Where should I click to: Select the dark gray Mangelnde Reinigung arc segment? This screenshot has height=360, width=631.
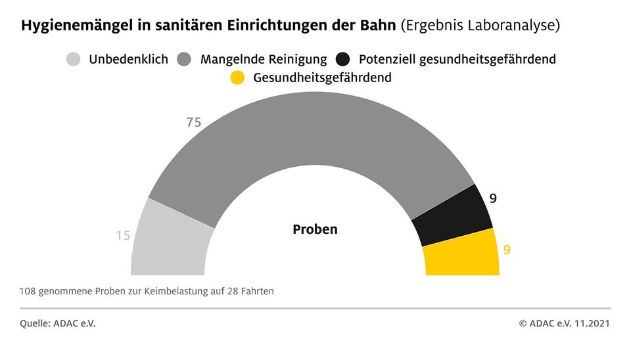[309, 131]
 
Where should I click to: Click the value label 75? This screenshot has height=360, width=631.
[194, 122]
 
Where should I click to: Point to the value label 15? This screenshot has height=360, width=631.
[123, 235]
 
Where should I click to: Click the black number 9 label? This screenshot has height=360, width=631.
[493, 197]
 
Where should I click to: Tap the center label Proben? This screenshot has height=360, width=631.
[315, 230]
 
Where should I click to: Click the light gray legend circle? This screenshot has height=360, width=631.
[74, 59]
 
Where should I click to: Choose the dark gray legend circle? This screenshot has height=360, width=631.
[185, 59]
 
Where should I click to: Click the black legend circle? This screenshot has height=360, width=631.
[343, 59]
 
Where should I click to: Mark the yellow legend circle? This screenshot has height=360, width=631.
[238, 78]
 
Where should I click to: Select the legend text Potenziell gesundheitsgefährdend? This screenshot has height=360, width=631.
[457, 59]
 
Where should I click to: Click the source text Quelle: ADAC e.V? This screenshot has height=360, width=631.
[58, 323]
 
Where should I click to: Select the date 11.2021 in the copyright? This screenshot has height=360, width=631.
[592, 323]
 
